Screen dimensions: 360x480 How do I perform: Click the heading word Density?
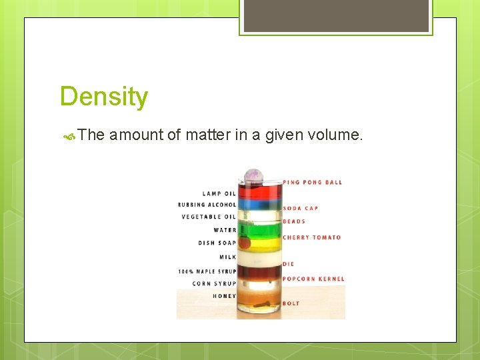[103, 97]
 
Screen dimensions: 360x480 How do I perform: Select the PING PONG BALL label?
[313, 182]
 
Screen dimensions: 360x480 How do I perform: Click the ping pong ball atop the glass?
[253, 176]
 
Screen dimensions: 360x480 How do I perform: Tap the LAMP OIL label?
[219, 194]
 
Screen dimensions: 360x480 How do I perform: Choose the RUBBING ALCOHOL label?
[207, 205]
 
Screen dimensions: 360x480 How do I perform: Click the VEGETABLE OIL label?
[209, 217]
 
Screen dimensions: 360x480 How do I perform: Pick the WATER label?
[225, 230]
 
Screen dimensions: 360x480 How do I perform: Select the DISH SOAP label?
[217, 243]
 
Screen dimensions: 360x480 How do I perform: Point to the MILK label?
[228, 257]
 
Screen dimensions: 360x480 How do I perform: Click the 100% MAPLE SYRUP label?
[207, 271]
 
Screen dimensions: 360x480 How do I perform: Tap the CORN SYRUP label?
[215, 283]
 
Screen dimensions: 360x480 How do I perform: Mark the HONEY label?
[225, 296]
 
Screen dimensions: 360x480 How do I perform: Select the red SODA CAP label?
[301, 208]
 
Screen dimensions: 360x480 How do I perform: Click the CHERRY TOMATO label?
[311, 237]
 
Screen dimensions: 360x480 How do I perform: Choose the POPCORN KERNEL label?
[313, 279]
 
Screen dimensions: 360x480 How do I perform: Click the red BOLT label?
[291, 303]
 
